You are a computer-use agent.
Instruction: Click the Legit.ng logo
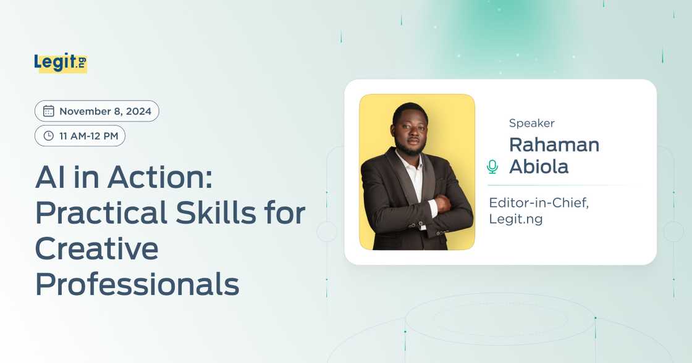click(x=61, y=62)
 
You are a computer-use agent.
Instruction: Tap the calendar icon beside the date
click(x=49, y=111)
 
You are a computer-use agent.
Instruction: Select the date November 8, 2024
click(x=104, y=111)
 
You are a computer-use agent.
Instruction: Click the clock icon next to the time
click(x=49, y=136)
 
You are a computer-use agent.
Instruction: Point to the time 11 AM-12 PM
click(x=88, y=136)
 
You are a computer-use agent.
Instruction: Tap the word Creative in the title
click(x=97, y=249)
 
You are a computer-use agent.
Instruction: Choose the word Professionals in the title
click(x=137, y=284)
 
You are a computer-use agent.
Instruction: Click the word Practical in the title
click(x=92, y=214)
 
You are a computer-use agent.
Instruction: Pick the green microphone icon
click(x=492, y=166)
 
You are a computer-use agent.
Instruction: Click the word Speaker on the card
click(x=531, y=123)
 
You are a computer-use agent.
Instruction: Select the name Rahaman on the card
click(x=554, y=145)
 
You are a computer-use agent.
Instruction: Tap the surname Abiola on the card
click(x=538, y=167)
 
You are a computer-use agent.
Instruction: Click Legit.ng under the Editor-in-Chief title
click(x=515, y=219)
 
